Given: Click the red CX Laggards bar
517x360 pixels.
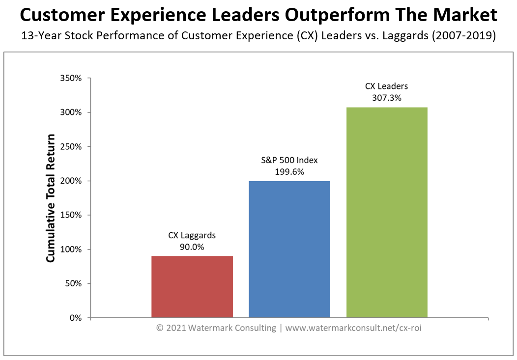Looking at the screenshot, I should pos(192,287).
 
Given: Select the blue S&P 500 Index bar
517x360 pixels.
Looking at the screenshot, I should pos(289,249).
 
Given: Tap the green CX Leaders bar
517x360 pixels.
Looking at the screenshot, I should pos(386,212).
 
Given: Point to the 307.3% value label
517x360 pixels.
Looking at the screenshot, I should pos(386,97).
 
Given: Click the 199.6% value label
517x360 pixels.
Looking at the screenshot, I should pos(289,171).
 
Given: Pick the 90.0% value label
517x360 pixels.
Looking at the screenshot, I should pos(192,247).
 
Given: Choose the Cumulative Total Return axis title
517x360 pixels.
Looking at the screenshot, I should pos(51,198).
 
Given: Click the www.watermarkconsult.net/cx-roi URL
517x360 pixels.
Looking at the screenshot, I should pos(353,328).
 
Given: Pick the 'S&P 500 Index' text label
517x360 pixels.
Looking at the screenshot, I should pos(289,160).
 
